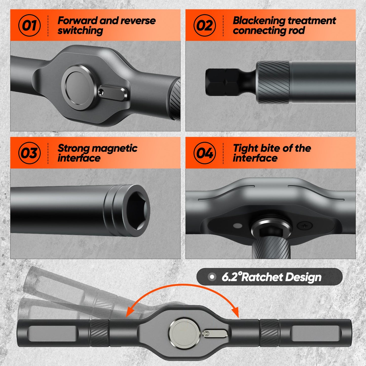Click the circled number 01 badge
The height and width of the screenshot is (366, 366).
coord(29,25)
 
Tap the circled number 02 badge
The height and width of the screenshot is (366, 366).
coord(205,25)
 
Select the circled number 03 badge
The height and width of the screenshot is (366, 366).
coord(29,153)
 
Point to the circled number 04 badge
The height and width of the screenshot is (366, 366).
coord(205,153)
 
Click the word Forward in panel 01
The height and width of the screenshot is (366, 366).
coord(78,21)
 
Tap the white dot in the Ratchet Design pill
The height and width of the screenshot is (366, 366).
coord(212,277)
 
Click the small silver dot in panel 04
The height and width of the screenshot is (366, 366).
coord(238,225)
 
